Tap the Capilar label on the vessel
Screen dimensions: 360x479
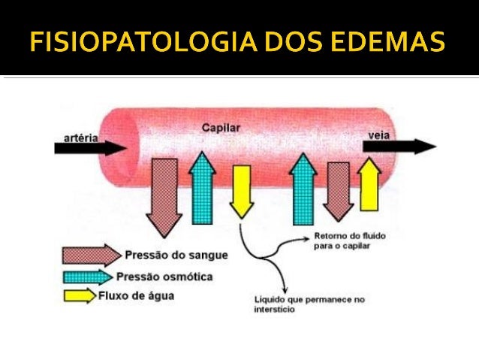(221, 128)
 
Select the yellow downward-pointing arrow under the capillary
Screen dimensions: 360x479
(242, 191)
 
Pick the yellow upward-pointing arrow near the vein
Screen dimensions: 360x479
(369, 183)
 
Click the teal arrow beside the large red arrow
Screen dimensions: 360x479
(202, 188)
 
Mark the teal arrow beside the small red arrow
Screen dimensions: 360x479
(303, 188)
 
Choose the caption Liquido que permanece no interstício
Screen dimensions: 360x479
(309, 304)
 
